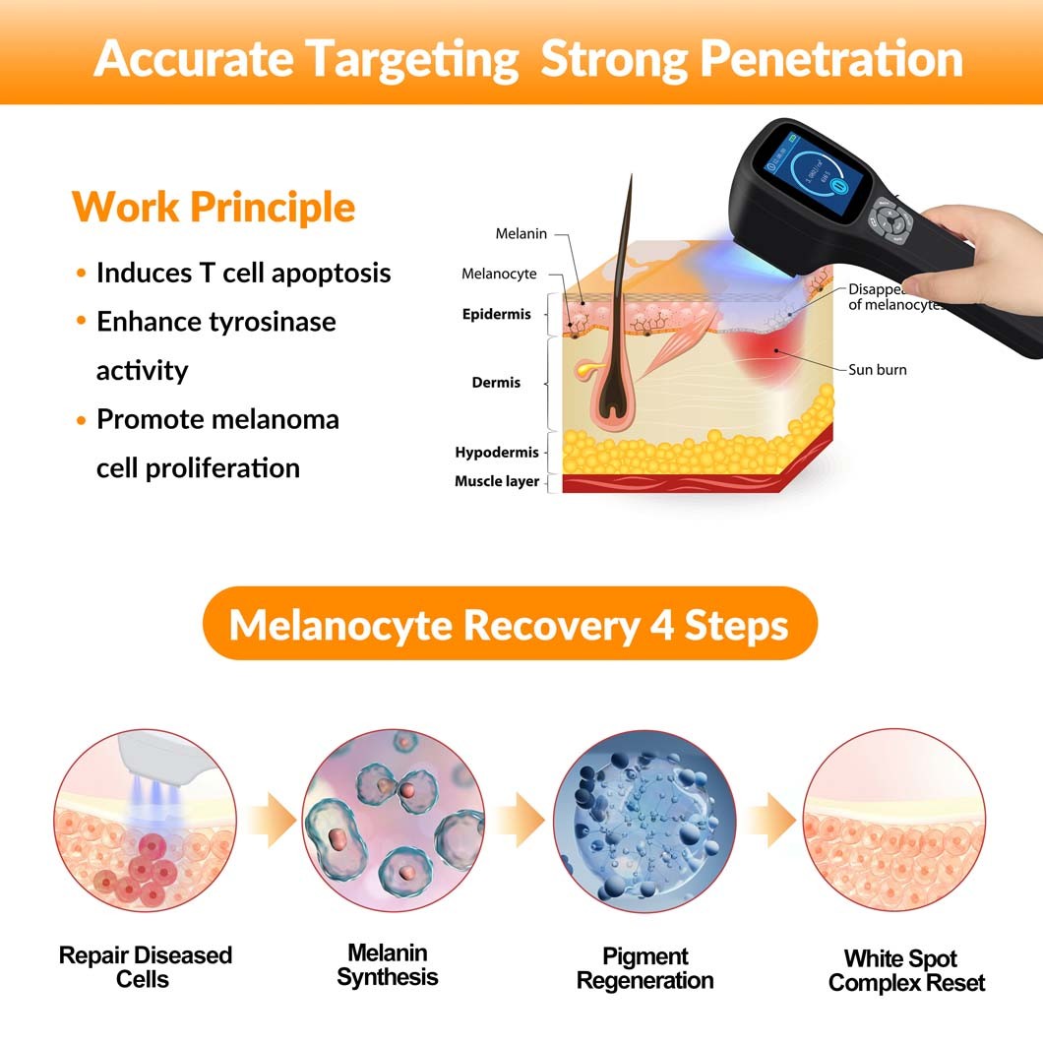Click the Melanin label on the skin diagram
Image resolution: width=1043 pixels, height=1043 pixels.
pyautogui.click(x=521, y=234)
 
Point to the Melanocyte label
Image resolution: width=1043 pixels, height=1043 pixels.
pyautogui.click(x=499, y=275)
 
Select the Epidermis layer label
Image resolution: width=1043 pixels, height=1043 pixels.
pyautogui.click(x=496, y=315)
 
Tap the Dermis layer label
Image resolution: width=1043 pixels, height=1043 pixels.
pyautogui.click(x=496, y=383)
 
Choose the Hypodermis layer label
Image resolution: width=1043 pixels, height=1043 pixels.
pyautogui.click(x=497, y=453)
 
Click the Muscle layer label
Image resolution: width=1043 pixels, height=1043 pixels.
pyautogui.click(x=497, y=481)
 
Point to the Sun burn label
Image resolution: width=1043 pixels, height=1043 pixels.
pyautogui.click(x=878, y=370)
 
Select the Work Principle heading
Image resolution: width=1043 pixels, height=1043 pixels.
pyautogui.click(x=214, y=208)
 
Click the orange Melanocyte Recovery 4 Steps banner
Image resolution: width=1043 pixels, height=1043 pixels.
pyautogui.click(x=510, y=624)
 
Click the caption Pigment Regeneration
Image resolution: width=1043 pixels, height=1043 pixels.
pyautogui.click(x=644, y=968)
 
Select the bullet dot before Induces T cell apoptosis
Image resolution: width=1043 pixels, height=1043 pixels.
pyautogui.click(x=82, y=274)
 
